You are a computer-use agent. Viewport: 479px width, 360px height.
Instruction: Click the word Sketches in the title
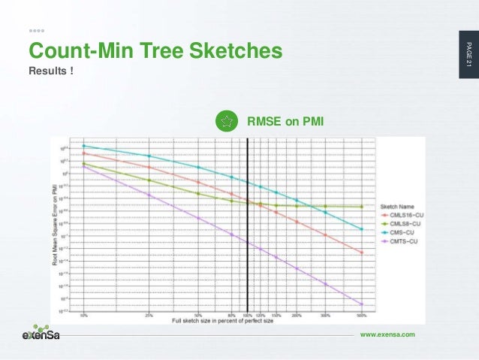pyautogui.click(x=239, y=50)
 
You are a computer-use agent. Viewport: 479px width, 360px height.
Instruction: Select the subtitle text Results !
pyautogui.click(x=51, y=71)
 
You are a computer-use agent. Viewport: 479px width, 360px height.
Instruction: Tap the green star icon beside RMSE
pyautogui.click(x=226, y=122)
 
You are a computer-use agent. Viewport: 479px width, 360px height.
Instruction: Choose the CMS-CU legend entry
pyautogui.click(x=398, y=233)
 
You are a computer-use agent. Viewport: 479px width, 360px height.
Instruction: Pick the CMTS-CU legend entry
pyautogui.click(x=399, y=242)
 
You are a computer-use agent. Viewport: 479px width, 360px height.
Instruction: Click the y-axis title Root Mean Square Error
pyautogui.click(x=56, y=225)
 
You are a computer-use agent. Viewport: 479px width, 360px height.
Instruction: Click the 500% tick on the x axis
pyautogui.click(x=361, y=315)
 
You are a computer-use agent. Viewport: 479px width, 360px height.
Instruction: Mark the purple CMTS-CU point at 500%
pyautogui.click(x=361, y=304)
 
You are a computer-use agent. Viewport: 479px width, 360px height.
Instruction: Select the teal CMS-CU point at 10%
pyautogui.click(x=83, y=146)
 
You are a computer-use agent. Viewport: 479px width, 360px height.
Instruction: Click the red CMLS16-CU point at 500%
pyautogui.click(x=361, y=253)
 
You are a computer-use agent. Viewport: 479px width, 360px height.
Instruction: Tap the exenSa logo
pyautogui.click(x=39, y=334)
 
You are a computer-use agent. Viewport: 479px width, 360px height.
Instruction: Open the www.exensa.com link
pyautogui.click(x=387, y=333)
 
